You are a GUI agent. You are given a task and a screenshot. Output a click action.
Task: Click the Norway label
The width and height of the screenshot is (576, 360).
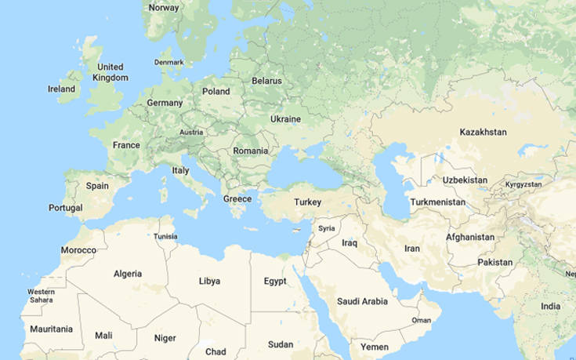coord(164,8)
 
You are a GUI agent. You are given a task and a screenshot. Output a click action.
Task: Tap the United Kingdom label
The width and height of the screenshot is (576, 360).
coord(110,72)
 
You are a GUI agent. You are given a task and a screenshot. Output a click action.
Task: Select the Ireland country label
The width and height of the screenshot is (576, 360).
coord(62,89)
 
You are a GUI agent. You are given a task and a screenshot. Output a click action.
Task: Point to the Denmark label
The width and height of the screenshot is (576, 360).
coord(168,62)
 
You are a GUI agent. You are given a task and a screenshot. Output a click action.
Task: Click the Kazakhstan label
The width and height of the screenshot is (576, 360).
coord(483,131)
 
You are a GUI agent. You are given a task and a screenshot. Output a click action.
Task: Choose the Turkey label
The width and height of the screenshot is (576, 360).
coord(307,202)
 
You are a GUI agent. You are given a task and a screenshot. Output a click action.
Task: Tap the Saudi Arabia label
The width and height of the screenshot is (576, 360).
coord(362,301)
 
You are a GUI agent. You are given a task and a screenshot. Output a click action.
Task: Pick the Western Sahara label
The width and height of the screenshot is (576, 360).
coord(41,296)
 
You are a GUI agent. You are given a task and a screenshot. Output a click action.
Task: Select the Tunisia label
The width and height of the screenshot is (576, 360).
coord(165,236)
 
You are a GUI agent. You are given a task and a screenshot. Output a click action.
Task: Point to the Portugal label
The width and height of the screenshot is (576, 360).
coord(65,208)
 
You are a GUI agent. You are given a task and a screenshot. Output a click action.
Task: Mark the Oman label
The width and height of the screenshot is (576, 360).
coord(422,320)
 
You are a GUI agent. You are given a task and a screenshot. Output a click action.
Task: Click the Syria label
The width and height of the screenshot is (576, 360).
coord(327,228)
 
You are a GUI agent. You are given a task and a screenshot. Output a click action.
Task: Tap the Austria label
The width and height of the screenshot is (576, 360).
coord(191,133)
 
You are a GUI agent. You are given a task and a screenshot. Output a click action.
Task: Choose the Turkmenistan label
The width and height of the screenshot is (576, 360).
coord(437,202)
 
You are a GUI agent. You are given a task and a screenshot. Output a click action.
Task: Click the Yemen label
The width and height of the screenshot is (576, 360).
coord(374,346)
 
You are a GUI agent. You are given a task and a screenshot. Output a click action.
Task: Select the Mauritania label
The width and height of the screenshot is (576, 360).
coord(51,329)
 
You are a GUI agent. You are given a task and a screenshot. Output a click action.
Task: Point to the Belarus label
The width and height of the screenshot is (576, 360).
coord(266,81)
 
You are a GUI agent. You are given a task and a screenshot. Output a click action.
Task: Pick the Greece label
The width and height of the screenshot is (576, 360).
coord(237,199)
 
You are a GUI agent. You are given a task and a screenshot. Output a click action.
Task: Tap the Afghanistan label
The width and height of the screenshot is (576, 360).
coord(470,237)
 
